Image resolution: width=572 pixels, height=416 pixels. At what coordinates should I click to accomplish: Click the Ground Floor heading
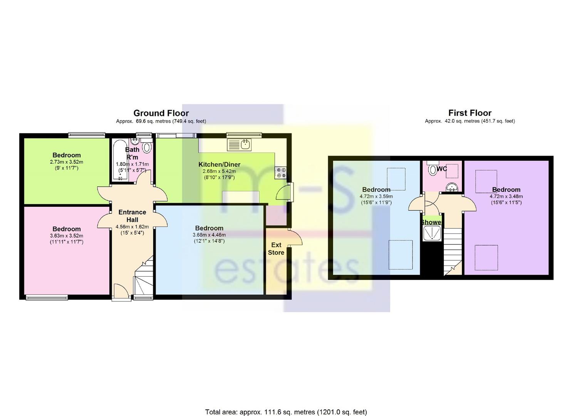tap(161, 113)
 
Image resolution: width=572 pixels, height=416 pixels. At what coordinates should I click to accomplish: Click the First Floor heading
tap(470, 113)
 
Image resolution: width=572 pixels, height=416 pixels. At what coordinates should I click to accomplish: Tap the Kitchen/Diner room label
tap(219, 164)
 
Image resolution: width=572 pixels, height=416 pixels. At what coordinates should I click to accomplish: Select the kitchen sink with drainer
tap(239, 145)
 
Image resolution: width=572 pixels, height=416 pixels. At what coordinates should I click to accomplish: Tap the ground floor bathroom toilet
tap(147, 146)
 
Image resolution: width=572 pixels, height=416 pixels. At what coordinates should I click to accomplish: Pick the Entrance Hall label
tap(132, 216)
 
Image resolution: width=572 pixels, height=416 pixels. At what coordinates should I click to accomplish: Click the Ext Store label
tap(276, 249)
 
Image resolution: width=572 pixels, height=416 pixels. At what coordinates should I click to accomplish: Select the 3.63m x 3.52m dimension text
tap(66, 236)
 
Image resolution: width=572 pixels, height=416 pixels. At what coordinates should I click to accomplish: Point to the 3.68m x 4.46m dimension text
tap(209, 235)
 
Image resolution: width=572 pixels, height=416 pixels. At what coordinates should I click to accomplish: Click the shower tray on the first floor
tap(432, 234)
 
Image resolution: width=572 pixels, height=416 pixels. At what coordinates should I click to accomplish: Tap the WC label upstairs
tap(442, 169)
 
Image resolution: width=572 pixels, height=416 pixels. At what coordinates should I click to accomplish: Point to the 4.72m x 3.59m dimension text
tap(376, 196)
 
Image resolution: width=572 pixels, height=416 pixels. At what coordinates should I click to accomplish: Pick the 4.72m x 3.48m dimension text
tap(506, 196)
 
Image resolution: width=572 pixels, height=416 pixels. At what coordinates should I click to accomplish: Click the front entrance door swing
tap(121, 290)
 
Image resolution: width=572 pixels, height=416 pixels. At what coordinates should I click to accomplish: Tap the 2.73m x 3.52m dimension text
tap(66, 162)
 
